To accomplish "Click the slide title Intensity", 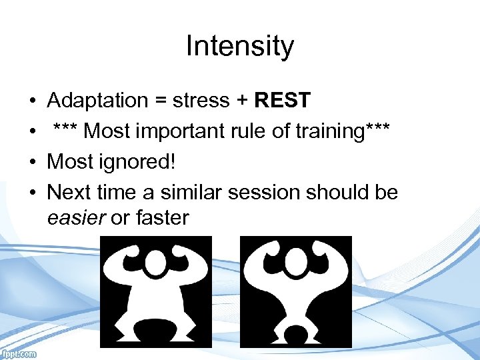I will tap(239, 47).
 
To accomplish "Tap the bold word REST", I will tap(283, 101).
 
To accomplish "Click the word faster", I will tap(159, 218).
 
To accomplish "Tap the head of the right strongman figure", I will tap(295, 263).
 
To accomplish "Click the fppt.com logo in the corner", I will tap(19, 354).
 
